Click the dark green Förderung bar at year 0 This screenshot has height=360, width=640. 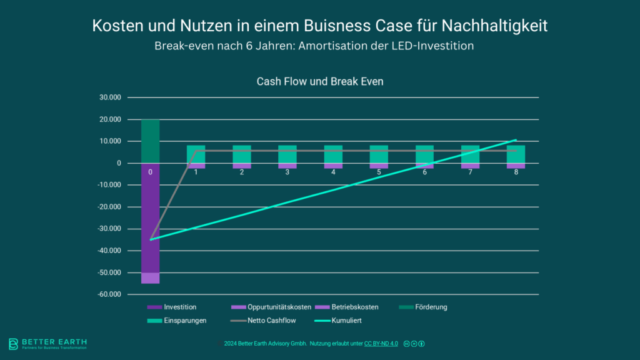pos(150,141)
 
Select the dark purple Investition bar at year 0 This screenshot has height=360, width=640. pos(150,219)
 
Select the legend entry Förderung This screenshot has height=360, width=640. pos(431,307)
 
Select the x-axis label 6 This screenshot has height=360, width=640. pos(424,172)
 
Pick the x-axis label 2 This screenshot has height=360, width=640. pos(242,172)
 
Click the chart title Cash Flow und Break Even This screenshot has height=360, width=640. pos(320,82)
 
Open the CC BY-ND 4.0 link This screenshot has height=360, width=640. pos(381,344)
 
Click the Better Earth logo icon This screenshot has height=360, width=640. pos(13,344)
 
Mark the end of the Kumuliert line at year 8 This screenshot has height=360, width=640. pos(516,140)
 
